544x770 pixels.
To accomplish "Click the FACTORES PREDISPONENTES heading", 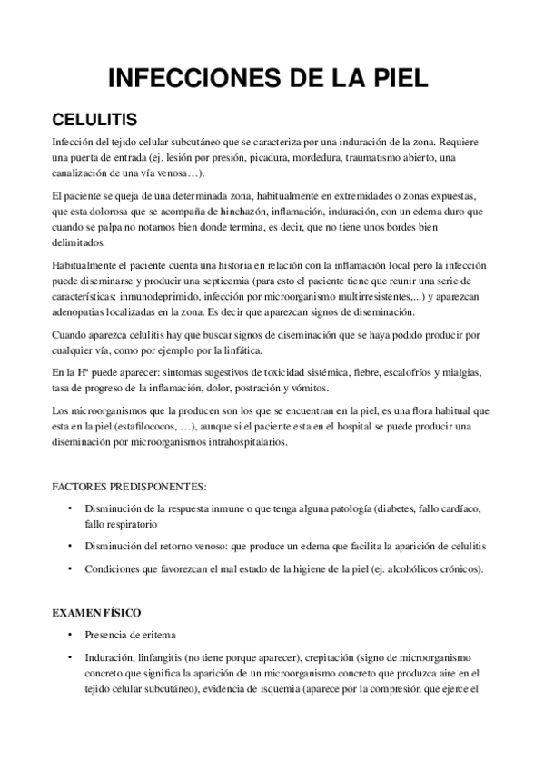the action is coord(129,486).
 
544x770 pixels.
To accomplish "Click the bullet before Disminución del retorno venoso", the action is coord(69,546).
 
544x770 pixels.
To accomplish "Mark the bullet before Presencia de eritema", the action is coord(69,637).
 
